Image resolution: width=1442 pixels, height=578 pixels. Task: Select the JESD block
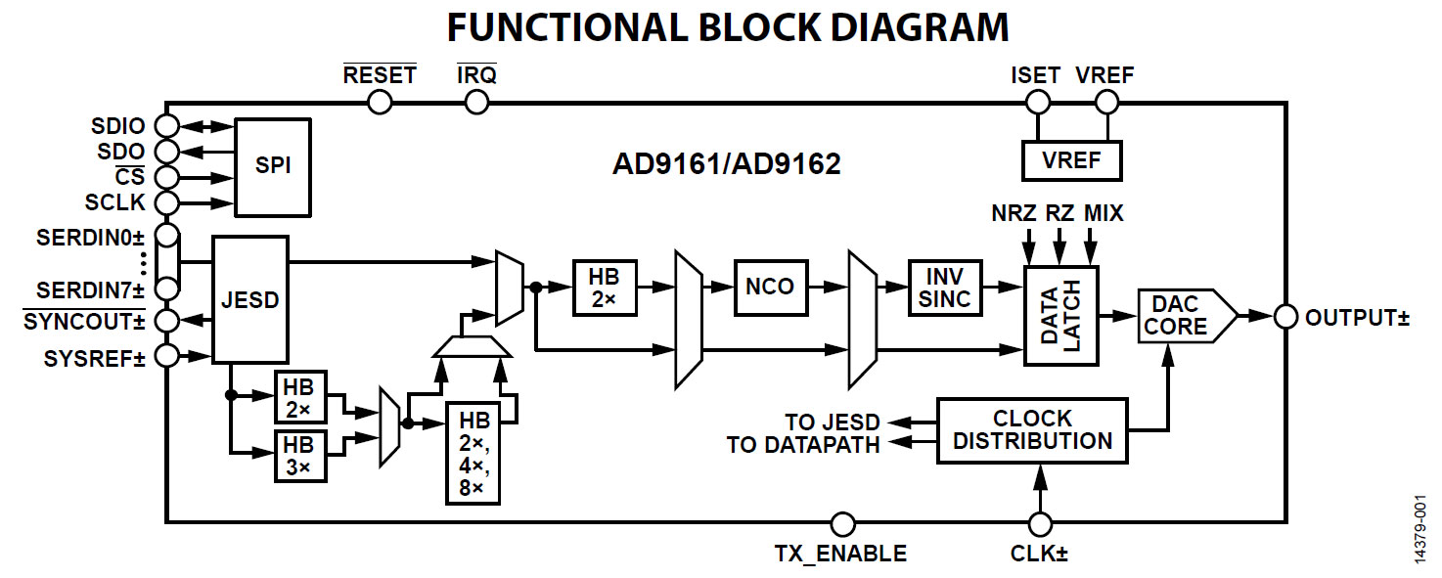click(250, 299)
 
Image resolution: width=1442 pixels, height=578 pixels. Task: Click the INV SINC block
click(945, 287)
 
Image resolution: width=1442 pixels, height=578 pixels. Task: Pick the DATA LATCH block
click(1061, 315)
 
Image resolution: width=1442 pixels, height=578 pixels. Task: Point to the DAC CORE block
click(1180, 315)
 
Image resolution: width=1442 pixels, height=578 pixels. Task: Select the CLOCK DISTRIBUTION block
click(1032, 429)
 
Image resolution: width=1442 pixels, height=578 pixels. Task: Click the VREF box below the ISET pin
click(1071, 159)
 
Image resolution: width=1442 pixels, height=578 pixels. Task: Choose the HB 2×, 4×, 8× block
click(473, 453)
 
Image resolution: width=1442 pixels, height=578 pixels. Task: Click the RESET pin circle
click(379, 101)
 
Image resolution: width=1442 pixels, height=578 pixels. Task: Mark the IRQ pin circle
click(476, 101)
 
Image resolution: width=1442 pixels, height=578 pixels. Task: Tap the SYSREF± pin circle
click(167, 355)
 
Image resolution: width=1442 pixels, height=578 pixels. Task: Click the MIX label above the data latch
click(1104, 212)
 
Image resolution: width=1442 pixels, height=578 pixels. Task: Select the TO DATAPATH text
click(803, 445)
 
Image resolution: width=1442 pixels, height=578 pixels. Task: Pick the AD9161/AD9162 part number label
click(726, 164)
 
